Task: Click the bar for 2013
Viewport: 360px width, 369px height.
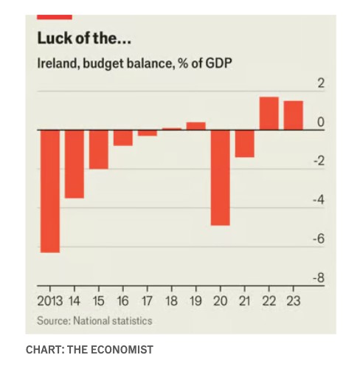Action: (x=50, y=191)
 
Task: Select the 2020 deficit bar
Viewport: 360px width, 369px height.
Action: (x=221, y=178)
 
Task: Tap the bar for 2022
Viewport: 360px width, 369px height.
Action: (x=269, y=114)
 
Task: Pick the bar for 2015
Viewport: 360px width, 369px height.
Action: (x=99, y=150)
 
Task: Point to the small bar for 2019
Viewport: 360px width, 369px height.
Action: (x=196, y=126)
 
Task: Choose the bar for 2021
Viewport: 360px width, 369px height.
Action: (x=245, y=144)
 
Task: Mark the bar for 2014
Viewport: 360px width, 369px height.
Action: (x=75, y=164)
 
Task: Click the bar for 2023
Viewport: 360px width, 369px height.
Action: (x=294, y=115)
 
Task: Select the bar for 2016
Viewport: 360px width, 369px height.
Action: (x=123, y=138)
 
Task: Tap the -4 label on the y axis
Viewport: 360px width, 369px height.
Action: (x=319, y=200)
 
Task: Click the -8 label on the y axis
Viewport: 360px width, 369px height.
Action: (x=319, y=278)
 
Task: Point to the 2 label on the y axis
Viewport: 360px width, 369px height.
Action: (x=321, y=83)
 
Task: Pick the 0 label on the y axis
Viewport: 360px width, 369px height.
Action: (x=321, y=122)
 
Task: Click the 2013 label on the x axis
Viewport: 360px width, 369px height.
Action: (x=50, y=301)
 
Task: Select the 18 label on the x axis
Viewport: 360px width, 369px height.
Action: (x=171, y=301)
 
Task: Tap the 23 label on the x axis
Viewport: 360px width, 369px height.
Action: (x=294, y=301)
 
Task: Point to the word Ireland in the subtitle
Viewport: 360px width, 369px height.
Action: (x=58, y=63)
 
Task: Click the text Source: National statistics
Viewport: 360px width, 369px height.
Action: (x=94, y=321)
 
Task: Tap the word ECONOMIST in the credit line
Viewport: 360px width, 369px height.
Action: (x=122, y=350)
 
